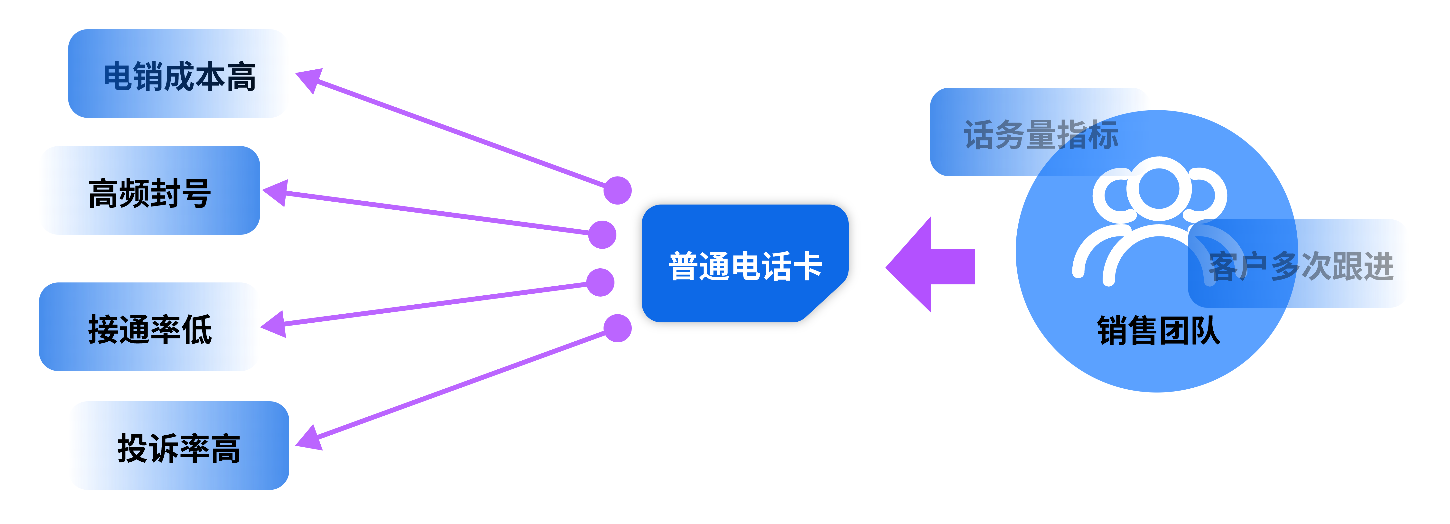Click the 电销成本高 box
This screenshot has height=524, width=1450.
coord(178,74)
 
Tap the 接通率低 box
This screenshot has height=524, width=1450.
coord(149,327)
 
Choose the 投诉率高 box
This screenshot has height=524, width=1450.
coord(179,446)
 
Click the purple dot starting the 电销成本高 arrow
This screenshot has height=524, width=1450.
coord(617,190)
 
